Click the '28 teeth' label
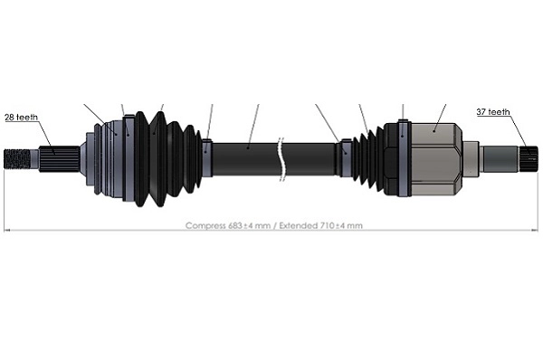coord(21,118)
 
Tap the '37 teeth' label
coord(493,112)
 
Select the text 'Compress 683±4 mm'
coord(226,225)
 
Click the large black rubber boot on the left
coord(163,159)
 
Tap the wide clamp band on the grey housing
coord(401,159)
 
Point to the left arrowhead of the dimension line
coord(7,231)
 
